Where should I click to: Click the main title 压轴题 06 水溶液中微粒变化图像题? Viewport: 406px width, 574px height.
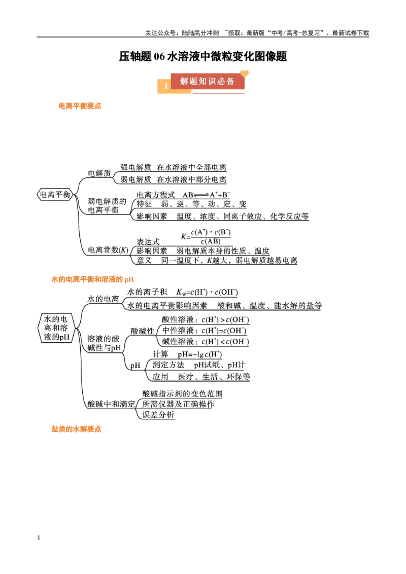pos(202,56)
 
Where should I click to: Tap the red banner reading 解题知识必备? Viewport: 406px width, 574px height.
pos(208,81)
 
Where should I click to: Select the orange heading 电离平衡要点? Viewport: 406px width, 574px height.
pos(80,106)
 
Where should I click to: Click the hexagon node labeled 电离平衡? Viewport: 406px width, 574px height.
pos(55,194)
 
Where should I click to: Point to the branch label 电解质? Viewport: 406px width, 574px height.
pos(99,173)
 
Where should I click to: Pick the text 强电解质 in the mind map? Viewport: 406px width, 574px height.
pos(136,167)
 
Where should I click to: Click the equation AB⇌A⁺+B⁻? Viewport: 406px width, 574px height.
pos(206,194)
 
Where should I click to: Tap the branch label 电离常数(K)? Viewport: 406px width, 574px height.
pos(108,250)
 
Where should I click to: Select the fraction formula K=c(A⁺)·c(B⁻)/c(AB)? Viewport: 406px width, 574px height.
pos(206,236)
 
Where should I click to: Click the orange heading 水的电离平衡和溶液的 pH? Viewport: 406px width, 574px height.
pos(92,279)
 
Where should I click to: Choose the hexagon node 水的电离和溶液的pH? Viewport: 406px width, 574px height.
pos(56,328)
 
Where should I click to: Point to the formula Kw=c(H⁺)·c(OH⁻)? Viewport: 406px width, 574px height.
pos(207,292)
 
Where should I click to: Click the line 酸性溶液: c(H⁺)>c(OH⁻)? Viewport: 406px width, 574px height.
pos(206,319)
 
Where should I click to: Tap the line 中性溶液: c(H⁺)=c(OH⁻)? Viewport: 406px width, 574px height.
pos(204,331)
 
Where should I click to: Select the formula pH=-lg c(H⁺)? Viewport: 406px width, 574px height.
pos(200,354)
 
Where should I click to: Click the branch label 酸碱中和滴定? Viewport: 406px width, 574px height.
pos(111,404)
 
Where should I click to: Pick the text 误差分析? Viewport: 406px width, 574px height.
pos(158,415)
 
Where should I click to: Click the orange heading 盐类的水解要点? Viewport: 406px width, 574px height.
pos(76,429)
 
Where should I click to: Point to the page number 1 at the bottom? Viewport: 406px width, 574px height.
pos(39,537)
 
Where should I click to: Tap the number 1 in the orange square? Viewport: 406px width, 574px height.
pos(166,86)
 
